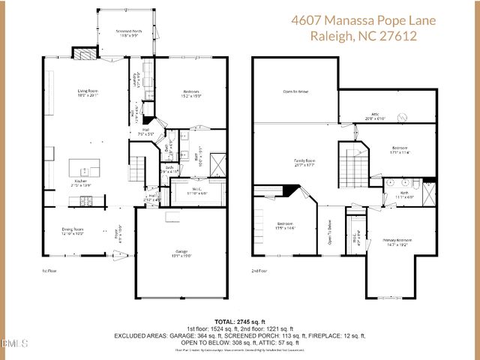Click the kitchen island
85,166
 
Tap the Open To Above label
295,91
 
